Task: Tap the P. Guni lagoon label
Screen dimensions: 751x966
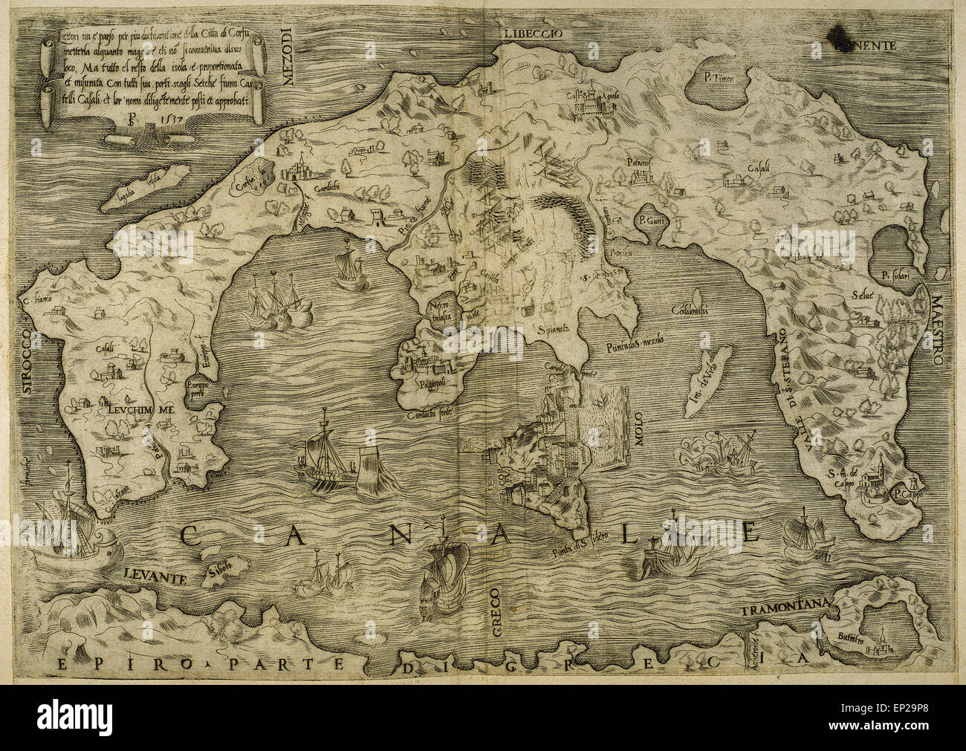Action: coord(645,221)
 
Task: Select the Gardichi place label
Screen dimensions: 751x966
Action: coord(331,188)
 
